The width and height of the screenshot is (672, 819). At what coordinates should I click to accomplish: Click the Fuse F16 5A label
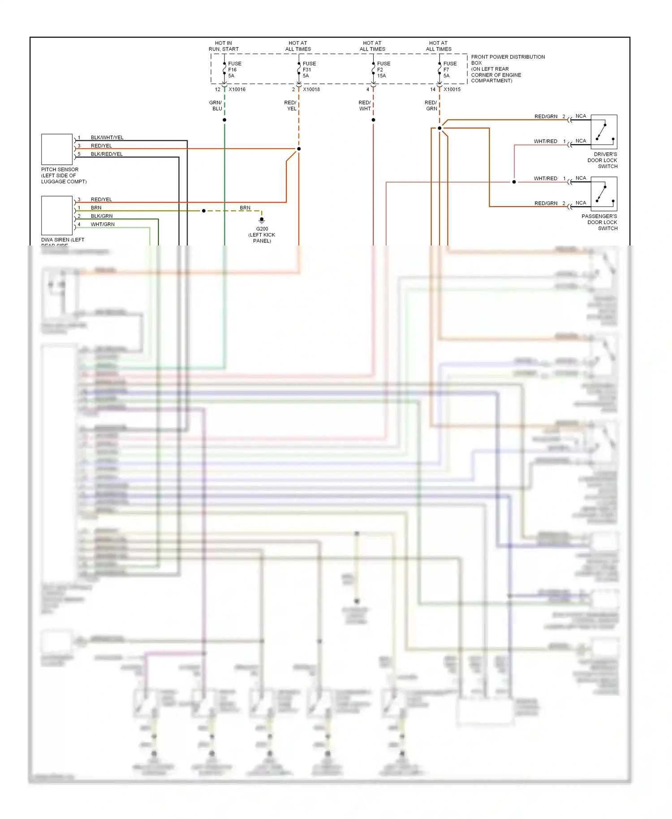pos(234,70)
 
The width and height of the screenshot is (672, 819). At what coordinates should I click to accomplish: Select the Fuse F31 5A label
pos(309,70)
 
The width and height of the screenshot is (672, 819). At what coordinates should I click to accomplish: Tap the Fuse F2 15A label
pos(383,70)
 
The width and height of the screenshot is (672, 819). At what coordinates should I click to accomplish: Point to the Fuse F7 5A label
pos(449,70)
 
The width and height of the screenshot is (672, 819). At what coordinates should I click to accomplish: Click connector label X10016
pos(237,90)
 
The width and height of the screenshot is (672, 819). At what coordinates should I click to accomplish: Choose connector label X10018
pos(311,90)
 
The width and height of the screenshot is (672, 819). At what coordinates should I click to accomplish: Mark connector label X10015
pos(452,90)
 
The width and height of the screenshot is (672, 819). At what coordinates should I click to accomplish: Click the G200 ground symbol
pos(262,220)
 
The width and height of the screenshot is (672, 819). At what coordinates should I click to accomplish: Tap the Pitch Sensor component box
pos(57,149)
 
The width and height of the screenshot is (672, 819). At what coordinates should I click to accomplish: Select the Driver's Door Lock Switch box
pos(604,132)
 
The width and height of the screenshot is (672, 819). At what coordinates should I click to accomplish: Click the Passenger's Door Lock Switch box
pos(604,194)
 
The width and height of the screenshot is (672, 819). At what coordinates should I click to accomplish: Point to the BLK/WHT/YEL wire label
pos(107,138)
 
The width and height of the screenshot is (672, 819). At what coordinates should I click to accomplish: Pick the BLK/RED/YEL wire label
pos(107,154)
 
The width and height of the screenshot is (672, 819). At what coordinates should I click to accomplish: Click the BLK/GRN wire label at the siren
pos(102,216)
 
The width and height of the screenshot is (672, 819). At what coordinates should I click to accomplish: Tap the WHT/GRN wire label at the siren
pos(103,224)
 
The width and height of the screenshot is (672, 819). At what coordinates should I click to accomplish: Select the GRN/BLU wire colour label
pos(216,106)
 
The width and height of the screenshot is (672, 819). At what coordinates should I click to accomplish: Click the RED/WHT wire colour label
pos(365,106)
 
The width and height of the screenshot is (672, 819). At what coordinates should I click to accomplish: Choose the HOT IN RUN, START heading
pos(224,46)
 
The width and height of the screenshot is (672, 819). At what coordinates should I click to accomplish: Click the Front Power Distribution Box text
pos(508,69)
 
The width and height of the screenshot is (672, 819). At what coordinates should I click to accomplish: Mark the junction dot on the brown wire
pos(204,211)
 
